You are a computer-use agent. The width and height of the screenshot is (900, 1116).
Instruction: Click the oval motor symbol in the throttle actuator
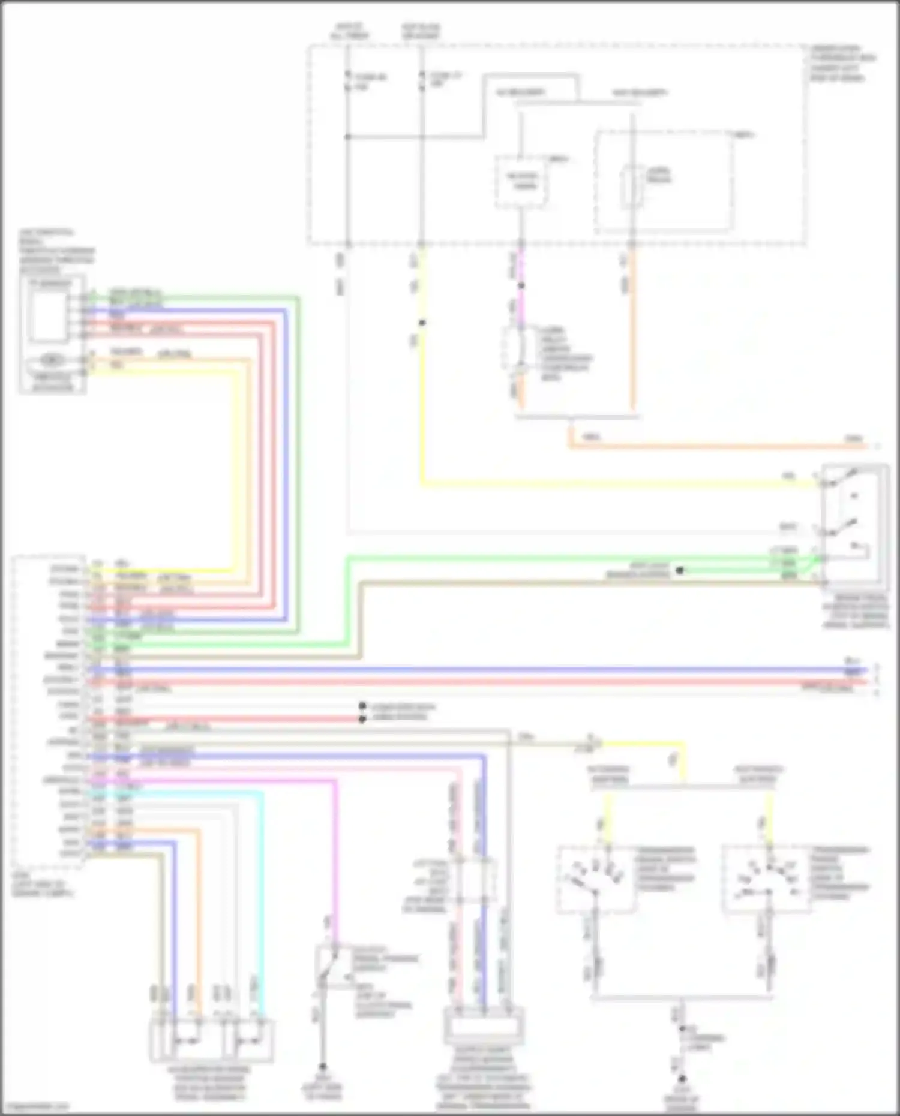[x=53, y=360]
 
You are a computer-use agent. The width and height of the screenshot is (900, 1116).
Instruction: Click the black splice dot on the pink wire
[x=521, y=286]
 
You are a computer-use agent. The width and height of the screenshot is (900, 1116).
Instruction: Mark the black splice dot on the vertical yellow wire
[x=422, y=323]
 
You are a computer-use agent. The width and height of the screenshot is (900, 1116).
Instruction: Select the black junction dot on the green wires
[x=679, y=570]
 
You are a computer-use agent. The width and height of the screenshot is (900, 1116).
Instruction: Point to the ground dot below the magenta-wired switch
[x=322, y=1067]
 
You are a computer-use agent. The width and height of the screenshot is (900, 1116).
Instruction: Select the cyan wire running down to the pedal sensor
[x=262, y=900]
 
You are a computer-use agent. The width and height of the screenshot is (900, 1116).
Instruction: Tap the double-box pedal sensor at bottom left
[x=211, y=1040]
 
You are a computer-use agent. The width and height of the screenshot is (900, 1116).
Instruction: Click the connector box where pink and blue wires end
[x=484, y=1026]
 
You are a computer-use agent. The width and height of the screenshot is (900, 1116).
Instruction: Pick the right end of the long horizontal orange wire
[x=864, y=446]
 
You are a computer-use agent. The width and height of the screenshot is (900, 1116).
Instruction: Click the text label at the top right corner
[x=842, y=63]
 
